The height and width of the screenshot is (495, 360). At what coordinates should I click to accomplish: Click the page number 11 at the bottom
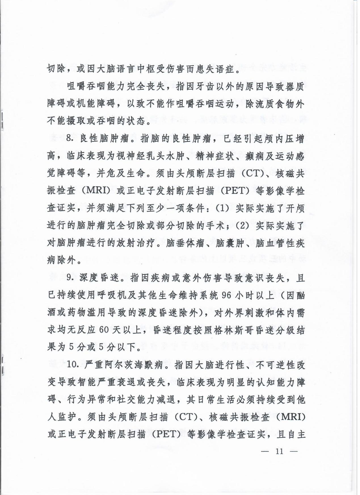point(279,451)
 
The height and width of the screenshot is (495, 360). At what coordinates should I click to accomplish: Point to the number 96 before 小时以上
point(226,295)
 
